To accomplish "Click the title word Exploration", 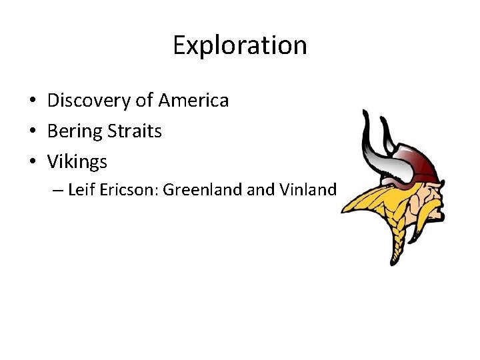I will (x=240, y=45).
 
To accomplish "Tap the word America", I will (x=193, y=101).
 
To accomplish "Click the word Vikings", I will (x=77, y=162).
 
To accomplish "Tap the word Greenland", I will (x=203, y=190).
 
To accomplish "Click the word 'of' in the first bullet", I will (x=144, y=101).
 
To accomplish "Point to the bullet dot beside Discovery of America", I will (x=32, y=101).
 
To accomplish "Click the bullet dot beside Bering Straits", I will (x=32, y=132).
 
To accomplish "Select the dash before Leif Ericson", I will (x=58, y=191).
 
